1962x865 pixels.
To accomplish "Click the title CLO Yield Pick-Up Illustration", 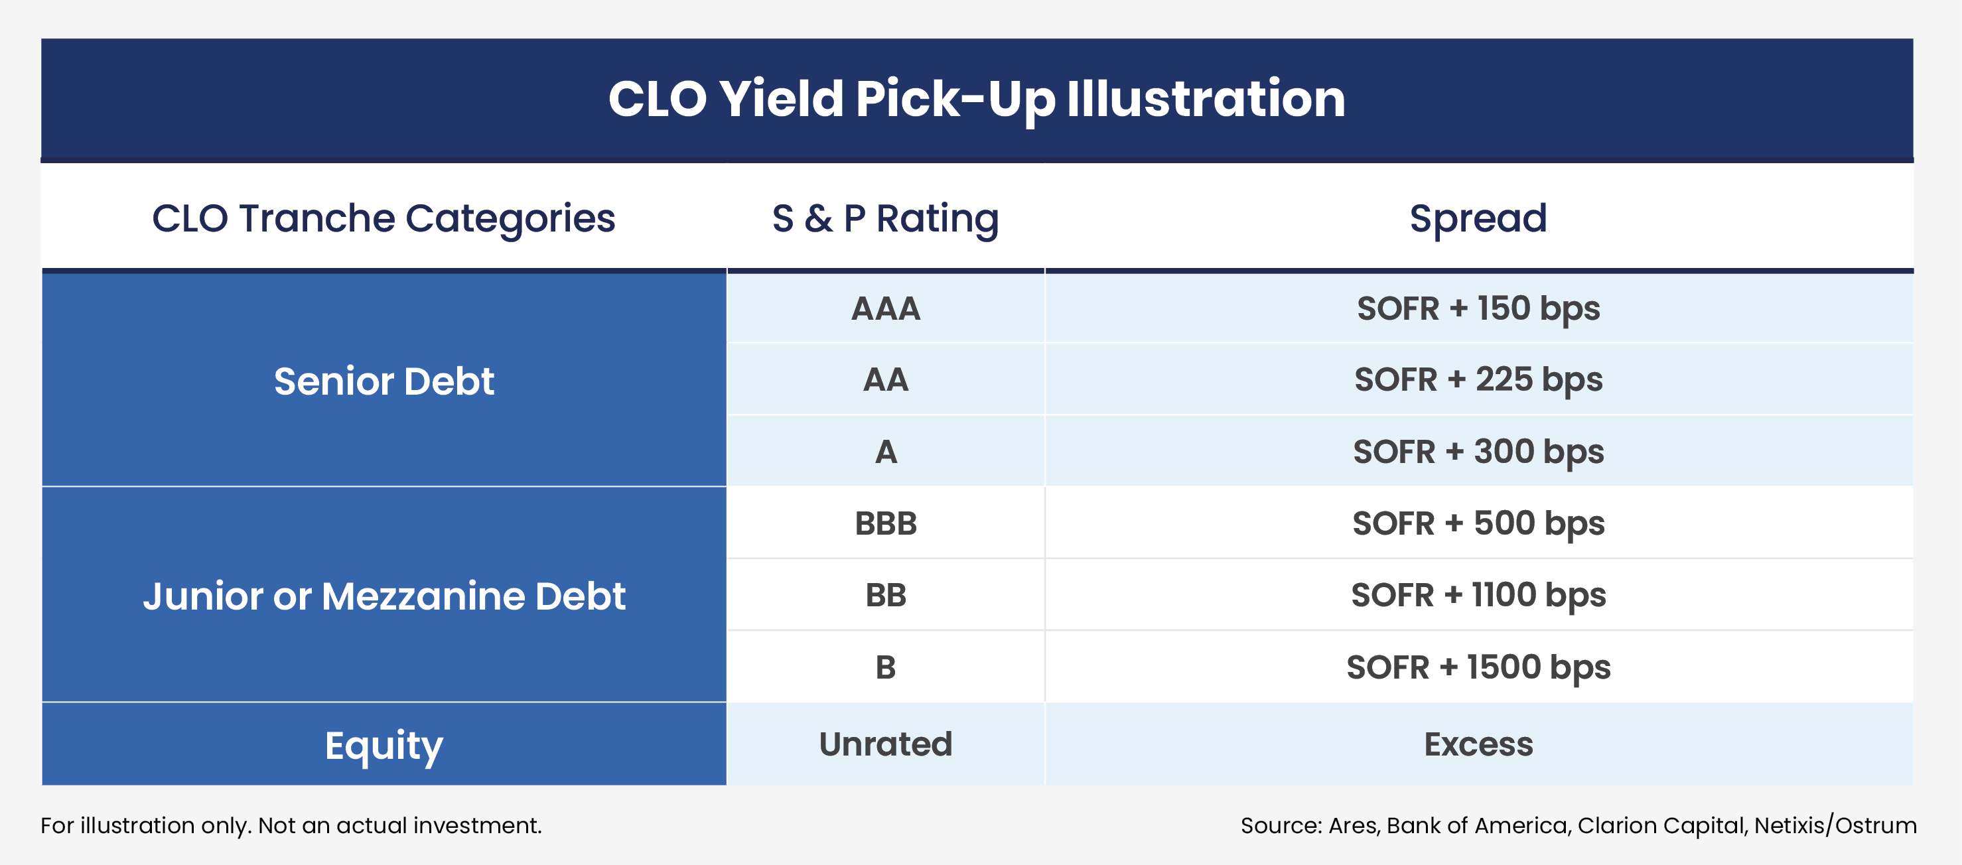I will tap(977, 99).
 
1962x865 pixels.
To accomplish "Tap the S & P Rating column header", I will tap(885, 218).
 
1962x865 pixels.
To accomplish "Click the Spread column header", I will tap(1478, 218).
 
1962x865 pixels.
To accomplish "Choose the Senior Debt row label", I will tap(384, 381).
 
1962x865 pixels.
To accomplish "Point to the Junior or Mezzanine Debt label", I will tap(384, 596).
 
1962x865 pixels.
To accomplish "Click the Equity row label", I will tap(384, 745).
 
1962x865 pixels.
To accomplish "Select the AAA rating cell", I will tap(885, 308).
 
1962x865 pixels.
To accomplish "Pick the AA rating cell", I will tap(885, 379).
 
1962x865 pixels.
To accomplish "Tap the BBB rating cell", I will tap(885, 523).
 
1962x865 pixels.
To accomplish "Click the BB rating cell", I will tap(885, 594).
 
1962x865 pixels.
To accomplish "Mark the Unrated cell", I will tap(885, 744).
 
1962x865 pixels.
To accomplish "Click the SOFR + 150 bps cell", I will tap(1478, 308).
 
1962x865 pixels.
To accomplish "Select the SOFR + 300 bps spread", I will tap(1478, 452).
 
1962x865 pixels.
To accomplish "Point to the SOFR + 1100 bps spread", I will tap(1478, 594).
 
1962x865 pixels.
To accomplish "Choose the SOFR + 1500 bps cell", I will tap(1478, 667).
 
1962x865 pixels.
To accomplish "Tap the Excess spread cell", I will tap(1478, 744).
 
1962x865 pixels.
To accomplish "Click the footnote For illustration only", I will tap(291, 825).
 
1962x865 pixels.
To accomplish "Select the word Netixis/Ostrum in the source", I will tap(1835, 825).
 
